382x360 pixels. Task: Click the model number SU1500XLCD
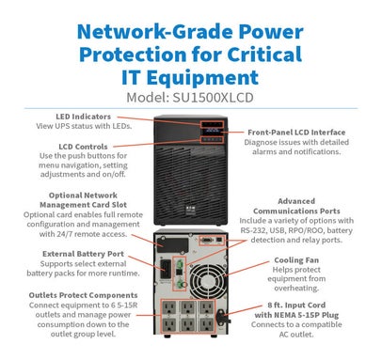pos(213,98)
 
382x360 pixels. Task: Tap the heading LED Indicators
pos(84,117)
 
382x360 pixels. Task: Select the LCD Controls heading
pos(83,147)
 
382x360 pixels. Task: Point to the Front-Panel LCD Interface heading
pos(296,133)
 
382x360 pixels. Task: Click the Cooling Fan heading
pos(296,260)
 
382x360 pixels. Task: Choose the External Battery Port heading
pos(83,254)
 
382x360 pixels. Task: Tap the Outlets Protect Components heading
pos(83,295)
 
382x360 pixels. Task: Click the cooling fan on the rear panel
pos(208,281)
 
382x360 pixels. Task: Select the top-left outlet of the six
pos(169,308)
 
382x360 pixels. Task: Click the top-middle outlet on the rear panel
pos(188,308)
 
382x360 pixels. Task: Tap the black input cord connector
pos(223,317)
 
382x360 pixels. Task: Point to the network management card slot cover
pos(172,245)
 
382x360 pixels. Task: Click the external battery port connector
pos(166,269)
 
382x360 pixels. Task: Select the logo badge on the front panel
pos(190,210)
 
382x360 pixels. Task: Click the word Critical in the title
pos(264,55)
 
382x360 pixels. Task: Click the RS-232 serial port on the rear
pos(207,240)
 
